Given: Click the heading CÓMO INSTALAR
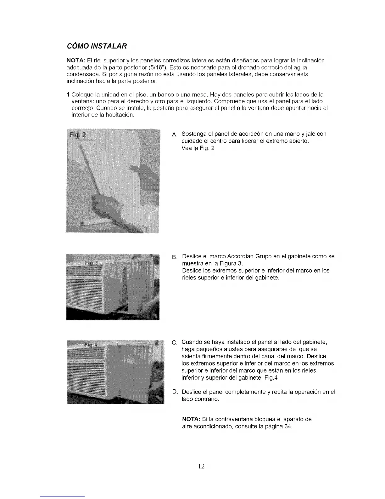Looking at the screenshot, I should click(x=97, y=46).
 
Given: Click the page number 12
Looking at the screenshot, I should click(x=202, y=466).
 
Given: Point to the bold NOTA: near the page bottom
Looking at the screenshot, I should click(x=191, y=419).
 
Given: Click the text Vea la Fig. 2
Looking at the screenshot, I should click(x=198, y=148).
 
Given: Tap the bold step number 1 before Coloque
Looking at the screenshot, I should click(x=68, y=95).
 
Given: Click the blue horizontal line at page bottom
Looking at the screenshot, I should click(x=63, y=496).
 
